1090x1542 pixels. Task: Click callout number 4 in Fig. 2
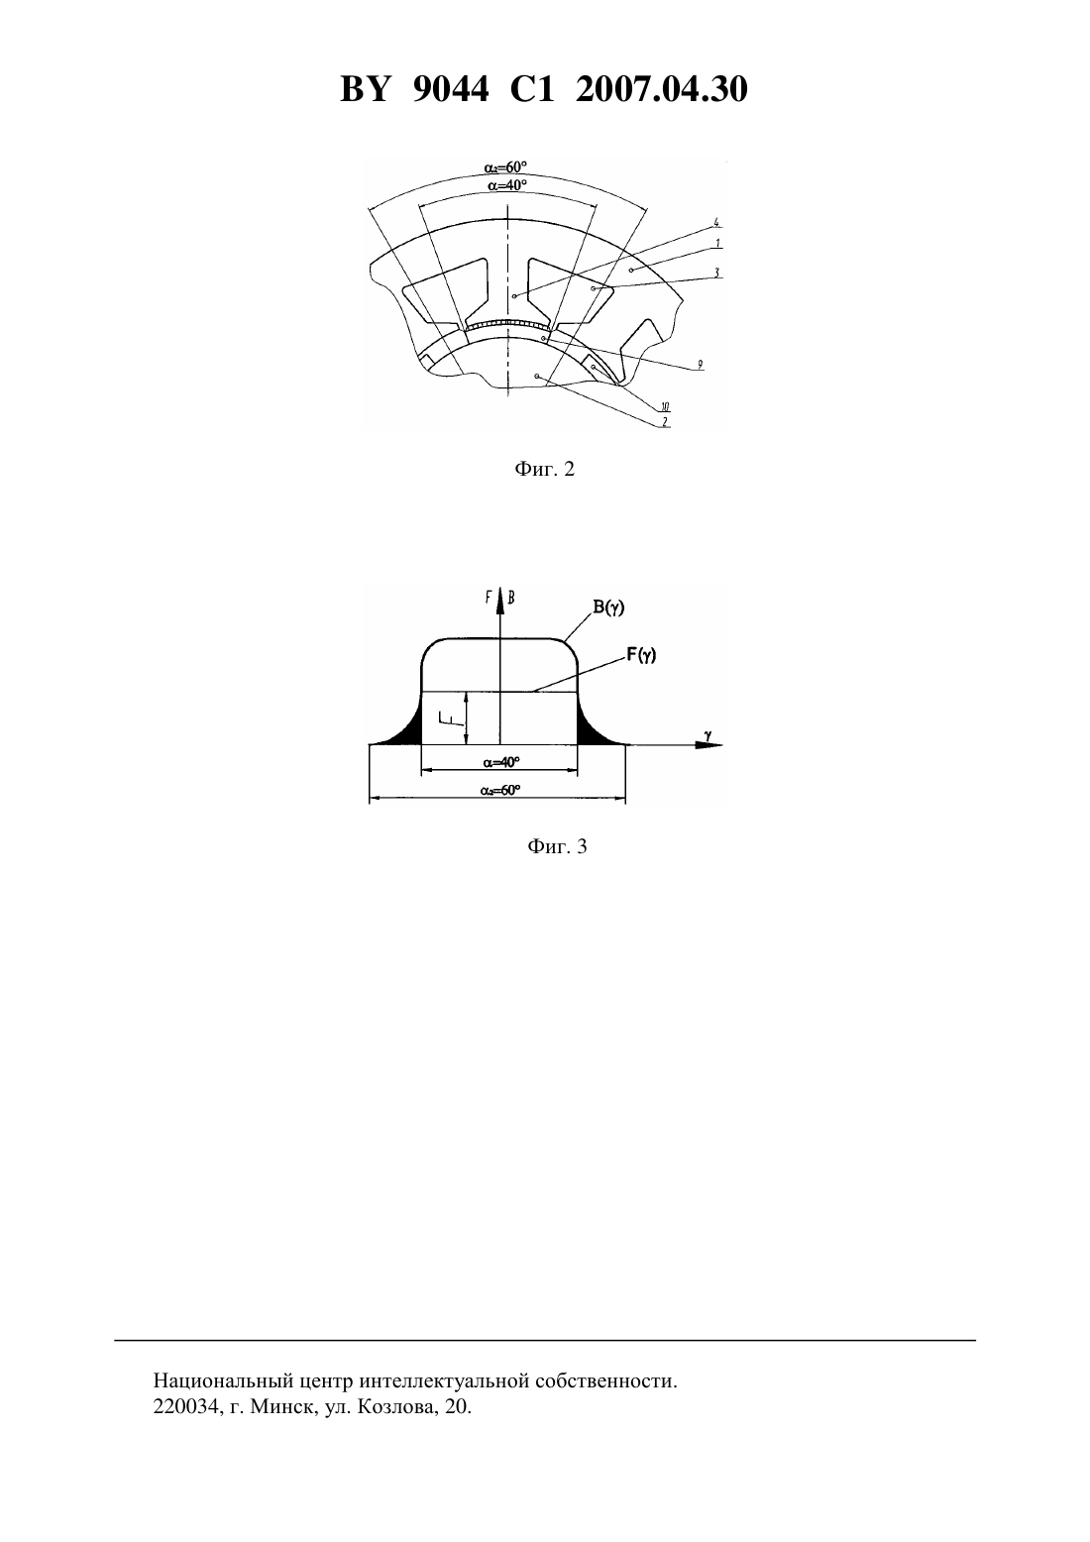pyautogui.click(x=716, y=222)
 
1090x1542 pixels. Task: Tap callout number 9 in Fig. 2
pyautogui.click(x=700, y=365)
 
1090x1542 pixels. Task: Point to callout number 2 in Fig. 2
pyautogui.click(x=666, y=422)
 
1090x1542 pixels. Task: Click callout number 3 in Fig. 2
pyautogui.click(x=716, y=273)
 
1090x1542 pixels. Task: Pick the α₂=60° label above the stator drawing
pyautogui.click(x=505, y=167)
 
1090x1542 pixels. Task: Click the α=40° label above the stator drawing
pyautogui.click(x=507, y=185)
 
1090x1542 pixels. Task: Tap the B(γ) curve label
pyautogui.click(x=609, y=607)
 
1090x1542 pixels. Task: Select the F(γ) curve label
pyautogui.click(x=641, y=655)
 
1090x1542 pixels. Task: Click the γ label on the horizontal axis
pyautogui.click(x=708, y=737)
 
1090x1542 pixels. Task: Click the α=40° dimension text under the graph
pyautogui.click(x=501, y=762)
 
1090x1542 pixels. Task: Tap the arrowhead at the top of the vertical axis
pyautogui.click(x=500, y=598)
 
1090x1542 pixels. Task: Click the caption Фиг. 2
pyautogui.click(x=544, y=470)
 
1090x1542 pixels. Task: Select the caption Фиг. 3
pyautogui.click(x=557, y=846)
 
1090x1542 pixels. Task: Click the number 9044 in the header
pyautogui.click(x=450, y=89)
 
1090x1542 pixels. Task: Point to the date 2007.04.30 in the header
pyautogui.click(x=661, y=89)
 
